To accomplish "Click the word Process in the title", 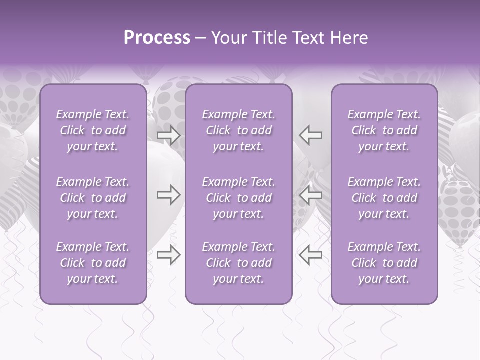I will [157, 38].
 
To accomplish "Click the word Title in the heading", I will [267, 38].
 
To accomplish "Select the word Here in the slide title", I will [349, 38].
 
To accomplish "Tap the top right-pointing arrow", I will [168, 135].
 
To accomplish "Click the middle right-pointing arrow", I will [168, 195].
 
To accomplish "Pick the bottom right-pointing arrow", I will [168, 255].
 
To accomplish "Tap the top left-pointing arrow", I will [311, 135].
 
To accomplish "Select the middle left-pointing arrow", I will [311, 195].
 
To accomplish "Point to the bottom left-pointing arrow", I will [311, 255].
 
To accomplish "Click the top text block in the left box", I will [93, 130].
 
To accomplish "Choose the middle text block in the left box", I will [93, 198].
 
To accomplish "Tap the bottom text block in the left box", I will [93, 263].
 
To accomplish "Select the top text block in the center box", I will [238, 130].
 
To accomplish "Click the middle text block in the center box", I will [238, 198].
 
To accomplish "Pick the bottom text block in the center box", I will [238, 263].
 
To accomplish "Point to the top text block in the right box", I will [384, 130].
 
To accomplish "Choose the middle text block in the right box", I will [384, 198].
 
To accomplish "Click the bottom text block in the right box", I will [384, 263].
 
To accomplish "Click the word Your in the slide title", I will [229, 38].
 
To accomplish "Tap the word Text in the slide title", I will [307, 38].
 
